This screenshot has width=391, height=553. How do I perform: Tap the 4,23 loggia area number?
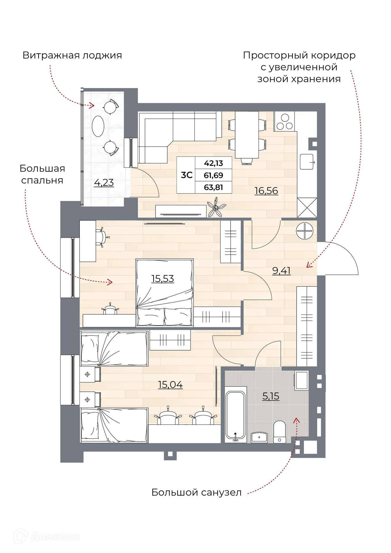pyautogui.click(x=104, y=182)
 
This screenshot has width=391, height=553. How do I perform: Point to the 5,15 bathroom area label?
pyautogui.click(x=271, y=396)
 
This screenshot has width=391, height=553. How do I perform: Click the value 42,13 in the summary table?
pyautogui.click(x=213, y=163)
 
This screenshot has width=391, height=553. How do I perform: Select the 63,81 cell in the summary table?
pyautogui.click(x=213, y=187)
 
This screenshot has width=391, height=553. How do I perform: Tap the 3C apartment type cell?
pyautogui.click(x=186, y=175)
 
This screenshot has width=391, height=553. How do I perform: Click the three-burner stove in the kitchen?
pyautogui.click(x=284, y=122)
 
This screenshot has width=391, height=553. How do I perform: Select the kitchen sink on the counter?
pyautogui.click(x=307, y=162)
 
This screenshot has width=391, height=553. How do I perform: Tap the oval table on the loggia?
pyautogui.click(x=98, y=126)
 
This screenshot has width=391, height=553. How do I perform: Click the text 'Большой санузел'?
pyautogui.click(x=196, y=492)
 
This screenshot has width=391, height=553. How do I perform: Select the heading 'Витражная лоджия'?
pyautogui.click(x=72, y=55)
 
